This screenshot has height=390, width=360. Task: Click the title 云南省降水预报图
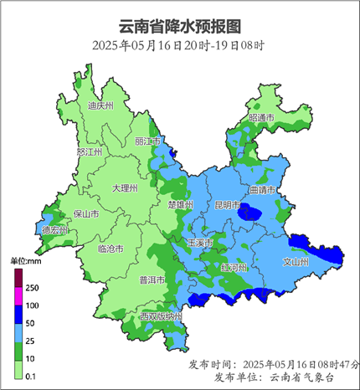pos(180,24)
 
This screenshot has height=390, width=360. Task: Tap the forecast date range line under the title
pos(180,44)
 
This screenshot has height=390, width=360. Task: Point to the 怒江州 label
pos(89,152)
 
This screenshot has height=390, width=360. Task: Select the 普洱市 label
pos(152,280)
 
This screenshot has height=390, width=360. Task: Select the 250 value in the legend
pos(33,287)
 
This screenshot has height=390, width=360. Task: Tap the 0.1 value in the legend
pos(32,377)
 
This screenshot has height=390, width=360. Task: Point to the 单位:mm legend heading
pos(25,262)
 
